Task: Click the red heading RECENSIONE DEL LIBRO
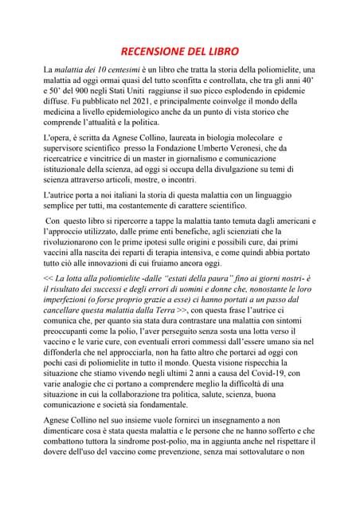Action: (179, 49)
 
